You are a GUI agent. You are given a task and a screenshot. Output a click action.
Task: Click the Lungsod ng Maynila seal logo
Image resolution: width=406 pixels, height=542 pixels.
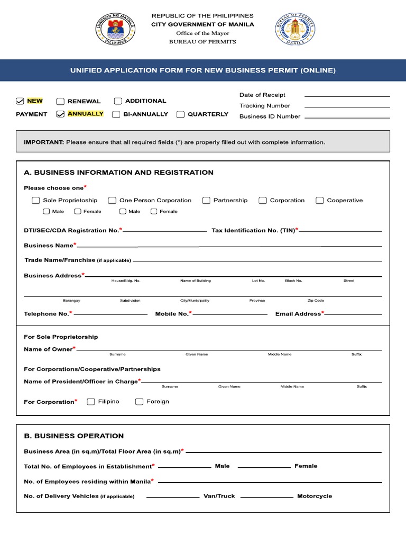115,29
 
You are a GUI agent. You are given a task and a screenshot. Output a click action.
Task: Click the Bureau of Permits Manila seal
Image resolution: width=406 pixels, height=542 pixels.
295,29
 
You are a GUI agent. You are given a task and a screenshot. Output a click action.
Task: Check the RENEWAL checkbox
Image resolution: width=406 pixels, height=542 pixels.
61,101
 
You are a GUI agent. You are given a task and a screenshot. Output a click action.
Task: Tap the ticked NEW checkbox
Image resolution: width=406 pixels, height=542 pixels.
20,101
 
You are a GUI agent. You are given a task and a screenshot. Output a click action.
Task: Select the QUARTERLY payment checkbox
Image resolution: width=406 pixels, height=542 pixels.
181,114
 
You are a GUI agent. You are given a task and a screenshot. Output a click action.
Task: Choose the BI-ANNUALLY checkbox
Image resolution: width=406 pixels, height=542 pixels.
116,114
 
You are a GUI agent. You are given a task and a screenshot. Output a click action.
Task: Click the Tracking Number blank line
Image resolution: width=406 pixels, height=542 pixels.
347,106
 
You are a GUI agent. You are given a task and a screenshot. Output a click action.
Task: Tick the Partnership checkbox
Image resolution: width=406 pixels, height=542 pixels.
207,201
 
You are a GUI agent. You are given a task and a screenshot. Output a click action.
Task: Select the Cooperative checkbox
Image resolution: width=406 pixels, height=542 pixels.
320,201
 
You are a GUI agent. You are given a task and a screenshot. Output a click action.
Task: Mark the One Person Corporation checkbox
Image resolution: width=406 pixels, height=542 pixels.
112,201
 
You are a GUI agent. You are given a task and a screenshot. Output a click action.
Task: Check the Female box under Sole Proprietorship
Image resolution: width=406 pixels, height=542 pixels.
78,212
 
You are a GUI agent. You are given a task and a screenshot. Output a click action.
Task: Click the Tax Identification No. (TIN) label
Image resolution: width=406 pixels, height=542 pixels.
253,230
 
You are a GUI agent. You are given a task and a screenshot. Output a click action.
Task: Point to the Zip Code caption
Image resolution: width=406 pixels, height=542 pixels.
316,301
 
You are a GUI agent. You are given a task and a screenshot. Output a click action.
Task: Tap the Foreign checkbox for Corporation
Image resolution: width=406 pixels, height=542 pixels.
140,402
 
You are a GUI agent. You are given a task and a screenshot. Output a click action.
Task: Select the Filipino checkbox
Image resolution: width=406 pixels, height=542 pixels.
91,402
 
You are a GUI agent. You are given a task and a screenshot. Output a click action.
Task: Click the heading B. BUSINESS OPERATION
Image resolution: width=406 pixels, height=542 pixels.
74,436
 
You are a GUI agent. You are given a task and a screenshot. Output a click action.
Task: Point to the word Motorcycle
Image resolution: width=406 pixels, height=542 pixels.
315,496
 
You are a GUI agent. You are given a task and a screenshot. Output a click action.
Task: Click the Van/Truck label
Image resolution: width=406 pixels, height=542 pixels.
219,496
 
